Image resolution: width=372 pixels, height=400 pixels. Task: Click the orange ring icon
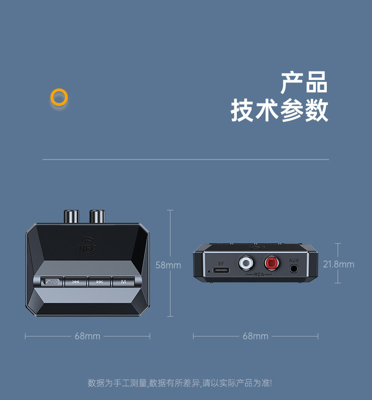point(59,97)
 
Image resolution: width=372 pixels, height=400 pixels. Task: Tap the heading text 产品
point(304,83)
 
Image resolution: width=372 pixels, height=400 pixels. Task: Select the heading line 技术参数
point(279,112)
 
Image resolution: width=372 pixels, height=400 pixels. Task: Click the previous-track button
point(75,282)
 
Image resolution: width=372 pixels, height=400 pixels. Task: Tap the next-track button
point(99,282)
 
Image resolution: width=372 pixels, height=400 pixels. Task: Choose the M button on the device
point(123,282)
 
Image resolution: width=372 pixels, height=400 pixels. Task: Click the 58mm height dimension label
point(168,265)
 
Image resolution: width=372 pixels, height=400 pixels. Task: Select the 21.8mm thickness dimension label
point(338,264)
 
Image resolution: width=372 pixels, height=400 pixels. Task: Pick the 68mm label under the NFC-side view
point(87,336)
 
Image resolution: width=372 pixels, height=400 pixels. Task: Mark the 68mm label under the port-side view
point(255,336)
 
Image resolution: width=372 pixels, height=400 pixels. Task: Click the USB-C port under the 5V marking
point(221,271)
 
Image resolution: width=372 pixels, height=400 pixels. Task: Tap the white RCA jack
point(246,262)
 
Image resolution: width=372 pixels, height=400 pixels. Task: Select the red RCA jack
point(271,262)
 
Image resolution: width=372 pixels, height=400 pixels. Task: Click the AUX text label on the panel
point(294,260)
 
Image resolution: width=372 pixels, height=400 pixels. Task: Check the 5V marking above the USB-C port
point(221,263)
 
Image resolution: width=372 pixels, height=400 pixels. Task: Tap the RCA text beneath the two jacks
point(259,274)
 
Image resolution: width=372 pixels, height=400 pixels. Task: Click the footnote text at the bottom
point(179,383)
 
